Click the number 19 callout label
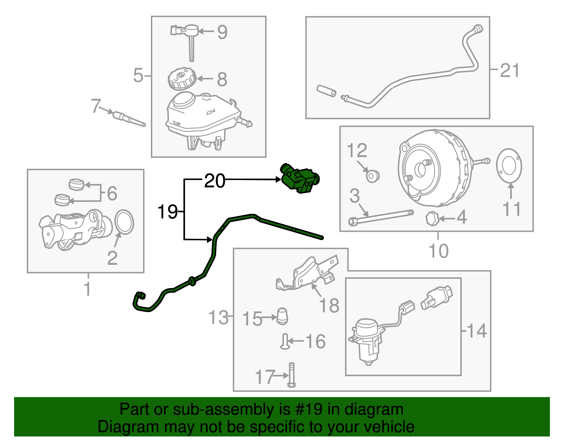coord(167,212)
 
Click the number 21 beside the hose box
coord(510,70)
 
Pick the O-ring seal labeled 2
coord(124,222)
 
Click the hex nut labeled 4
coord(432,219)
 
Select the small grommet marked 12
coord(372,175)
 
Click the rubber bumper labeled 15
coord(282,316)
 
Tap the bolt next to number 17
coord(292,375)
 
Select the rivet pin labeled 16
coord(285,341)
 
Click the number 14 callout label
coord(477,331)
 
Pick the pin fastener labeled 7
coord(128,118)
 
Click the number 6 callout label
coord(112,193)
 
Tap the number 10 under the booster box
coord(438,251)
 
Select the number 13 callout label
coord(218,317)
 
